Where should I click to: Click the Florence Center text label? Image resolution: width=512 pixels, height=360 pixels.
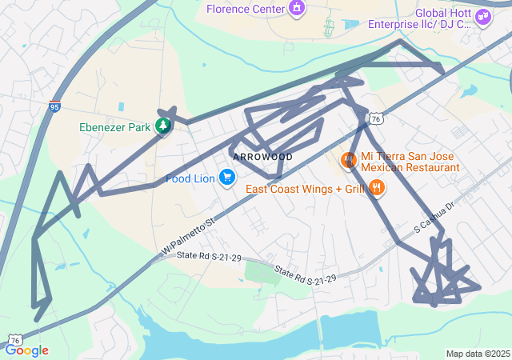pyautogui.click(x=246, y=9)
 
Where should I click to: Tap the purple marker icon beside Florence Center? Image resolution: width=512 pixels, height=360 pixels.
pyautogui.click(x=297, y=9)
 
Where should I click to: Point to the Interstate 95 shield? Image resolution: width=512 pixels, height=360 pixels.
pyautogui.click(x=54, y=106)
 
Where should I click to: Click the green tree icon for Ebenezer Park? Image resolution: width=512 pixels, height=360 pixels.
pyautogui.click(x=163, y=126)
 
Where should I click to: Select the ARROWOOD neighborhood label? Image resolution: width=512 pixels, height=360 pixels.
pyautogui.click(x=263, y=157)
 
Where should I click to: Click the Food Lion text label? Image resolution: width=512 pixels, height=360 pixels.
pyautogui.click(x=190, y=178)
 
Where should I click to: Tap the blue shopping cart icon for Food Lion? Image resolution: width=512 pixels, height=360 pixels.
pyautogui.click(x=227, y=178)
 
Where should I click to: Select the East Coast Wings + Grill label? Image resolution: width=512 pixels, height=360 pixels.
pyautogui.click(x=304, y=189)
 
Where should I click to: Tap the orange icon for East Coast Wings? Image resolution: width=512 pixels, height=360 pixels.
pyautogui.click(x=377, y=189)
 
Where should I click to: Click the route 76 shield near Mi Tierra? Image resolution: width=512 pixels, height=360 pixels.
pyautogui.click(x=375, y=118)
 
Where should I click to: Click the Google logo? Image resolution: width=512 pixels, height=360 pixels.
pyautogui.click(x=26, y=350)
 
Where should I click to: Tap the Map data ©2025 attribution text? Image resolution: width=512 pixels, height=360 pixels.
pyautogui.click(x=477, y=354)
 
